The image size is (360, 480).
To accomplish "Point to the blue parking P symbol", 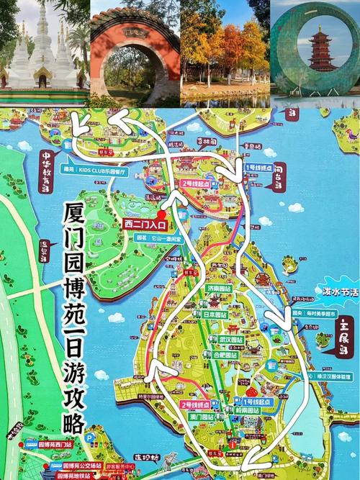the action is click(x=90, y=437).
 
